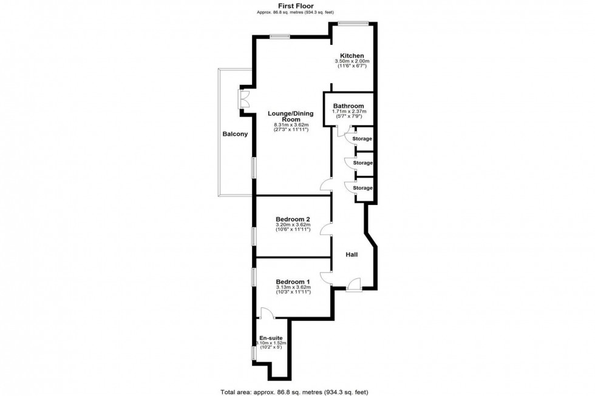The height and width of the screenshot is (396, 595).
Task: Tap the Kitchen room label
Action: (x=352, y=56)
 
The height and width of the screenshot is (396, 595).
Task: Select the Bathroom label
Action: (x=348, y=106)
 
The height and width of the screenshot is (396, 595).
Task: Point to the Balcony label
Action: (x=234, y=134)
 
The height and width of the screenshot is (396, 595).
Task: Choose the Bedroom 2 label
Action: (x=293, y=219)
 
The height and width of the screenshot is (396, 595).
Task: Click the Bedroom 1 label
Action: (x=293, y=281)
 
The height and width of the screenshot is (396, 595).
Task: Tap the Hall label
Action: (x=352, y=255)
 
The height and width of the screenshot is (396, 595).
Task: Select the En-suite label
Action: (x=271, y=338)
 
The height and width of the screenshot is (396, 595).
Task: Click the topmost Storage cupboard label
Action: (x=362, y=139)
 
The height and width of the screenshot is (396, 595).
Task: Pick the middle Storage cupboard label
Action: (x=362, y=163)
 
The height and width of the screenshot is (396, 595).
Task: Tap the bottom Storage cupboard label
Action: (x=362, y=188)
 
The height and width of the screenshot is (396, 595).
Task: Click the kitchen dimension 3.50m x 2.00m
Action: (x=352, y=61)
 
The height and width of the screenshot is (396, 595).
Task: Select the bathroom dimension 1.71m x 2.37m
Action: (x=348, y=112)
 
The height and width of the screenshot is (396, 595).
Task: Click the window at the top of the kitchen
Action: (x=353, y=23)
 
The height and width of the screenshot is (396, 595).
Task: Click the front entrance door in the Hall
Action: (x=354, y=284)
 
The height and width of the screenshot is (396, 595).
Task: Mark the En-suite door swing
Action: (x=266, y=312)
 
